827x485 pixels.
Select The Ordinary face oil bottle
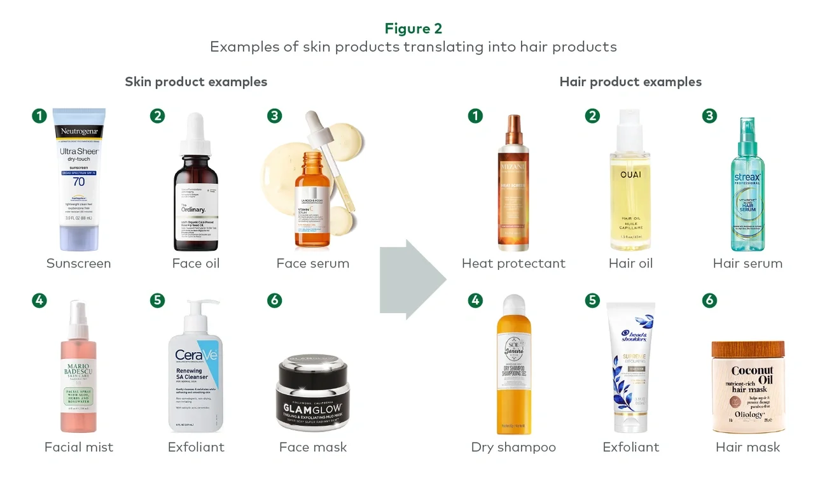click(x=196, y=191)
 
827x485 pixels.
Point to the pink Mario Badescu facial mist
click(x=79, y=376)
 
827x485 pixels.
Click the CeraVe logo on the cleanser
click(x=196, y=354)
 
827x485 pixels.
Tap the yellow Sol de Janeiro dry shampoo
click(x=513, y=369)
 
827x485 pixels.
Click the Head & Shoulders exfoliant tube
click(x=630, y=369)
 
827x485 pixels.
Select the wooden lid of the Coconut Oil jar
click(x=747, y=349)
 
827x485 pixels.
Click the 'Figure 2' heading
click(x=413, y=29)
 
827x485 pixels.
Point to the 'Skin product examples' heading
click(x=196, y=81)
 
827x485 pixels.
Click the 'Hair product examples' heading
click(x=630, y=81)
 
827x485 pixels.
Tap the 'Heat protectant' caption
click(x=513, y=264)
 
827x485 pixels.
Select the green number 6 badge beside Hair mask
click(x=709, y=300)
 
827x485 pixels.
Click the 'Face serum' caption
click(x=312, y=264)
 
